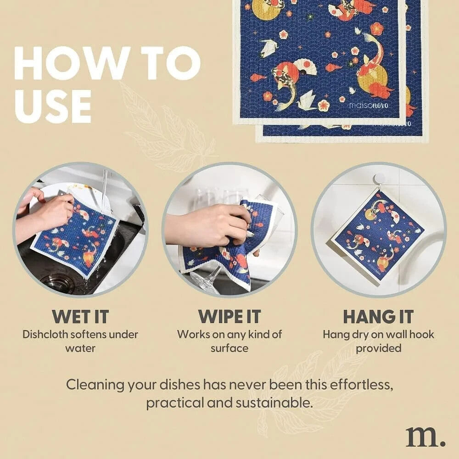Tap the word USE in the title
[x=53, y=106]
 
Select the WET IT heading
[x=80, y=316]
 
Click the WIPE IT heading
[x=229, y=316]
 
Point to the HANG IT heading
[x=378, y=316]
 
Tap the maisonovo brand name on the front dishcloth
[x=369, y=105]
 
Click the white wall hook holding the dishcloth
[x=380, y=179]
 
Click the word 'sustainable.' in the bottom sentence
[x=274, y=403]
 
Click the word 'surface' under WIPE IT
[x=229, y=348]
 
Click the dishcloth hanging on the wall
[x=378, y=237]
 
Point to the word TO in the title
[x=171, y=63]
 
